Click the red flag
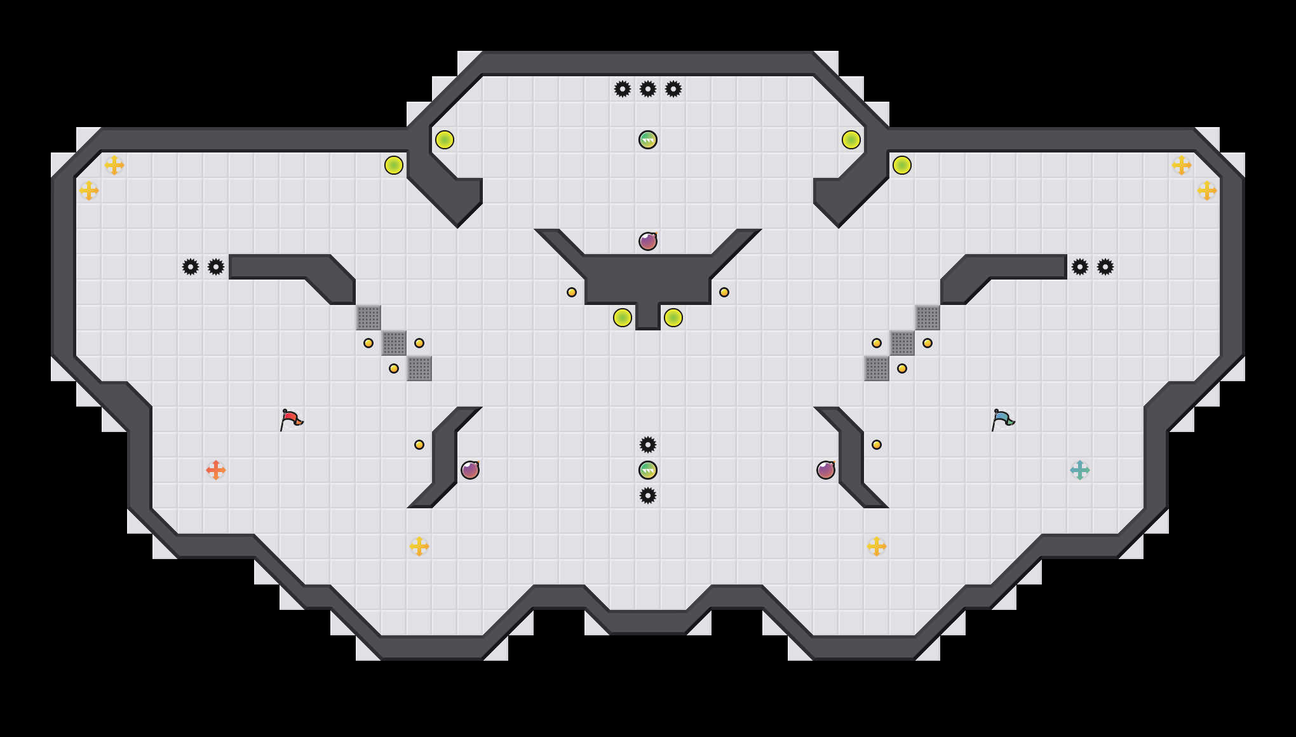(x=291, y=419)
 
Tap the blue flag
(x=1002, y=419)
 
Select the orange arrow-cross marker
(x=216, y=470)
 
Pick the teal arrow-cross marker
(x=1080, y=470)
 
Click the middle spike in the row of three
(x=648, y=89)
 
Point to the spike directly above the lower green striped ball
(x=648, y=445)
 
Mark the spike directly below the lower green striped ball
(x=648, y=496)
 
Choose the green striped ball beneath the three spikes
(x=648, y=140)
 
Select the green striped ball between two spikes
(x=648, y=470)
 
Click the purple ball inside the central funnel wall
(x=648, y=241)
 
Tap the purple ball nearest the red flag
(x=470, y=470)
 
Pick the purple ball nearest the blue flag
(x=826, y=470)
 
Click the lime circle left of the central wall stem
(x=623, y=318)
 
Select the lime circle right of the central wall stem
(x=673, y=318)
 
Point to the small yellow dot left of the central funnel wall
(x=572, y=292)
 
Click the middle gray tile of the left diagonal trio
(x=394, y=343)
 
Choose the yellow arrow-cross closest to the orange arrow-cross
(x=419, y=546)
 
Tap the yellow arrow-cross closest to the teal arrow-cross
(x=877, y=546)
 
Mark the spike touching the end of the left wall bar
(x=216, y=267)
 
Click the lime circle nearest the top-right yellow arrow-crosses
(x=902, y=165)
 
